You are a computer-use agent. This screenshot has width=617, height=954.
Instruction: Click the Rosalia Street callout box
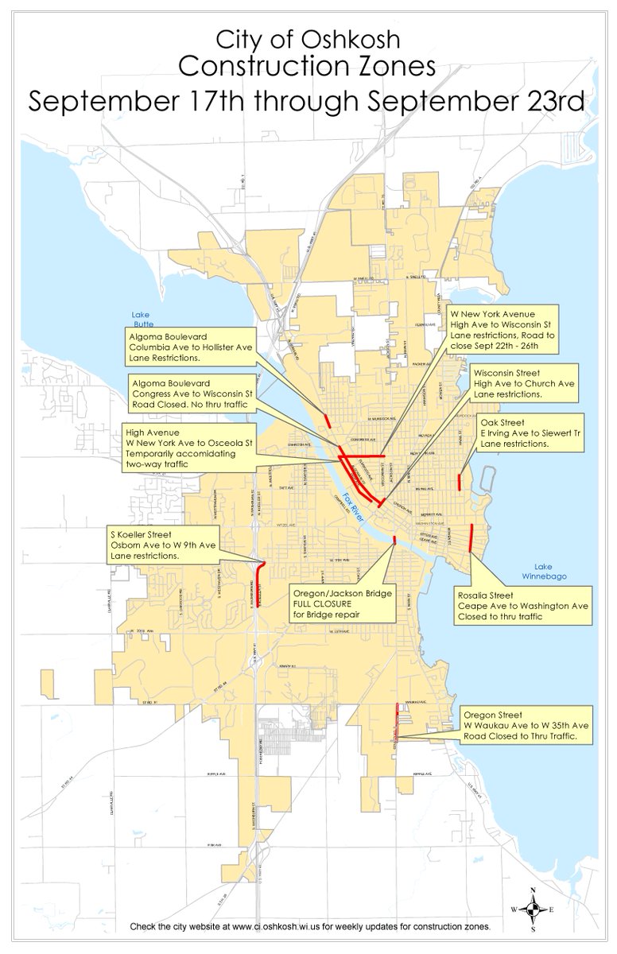point(523,606)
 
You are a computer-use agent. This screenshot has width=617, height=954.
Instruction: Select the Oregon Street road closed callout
point(527,725)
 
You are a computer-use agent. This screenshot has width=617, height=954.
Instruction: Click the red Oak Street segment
point(460,482)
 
